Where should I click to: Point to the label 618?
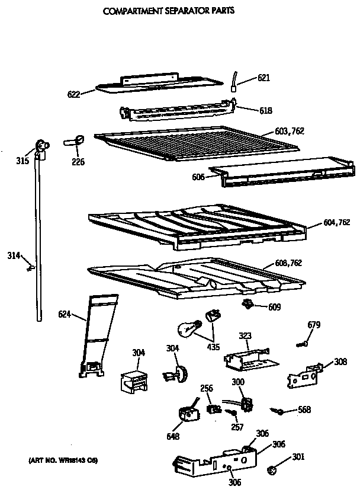pyautogui.click(x=266, y=110)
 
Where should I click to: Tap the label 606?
pyautogui.click(x=199, y=177)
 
